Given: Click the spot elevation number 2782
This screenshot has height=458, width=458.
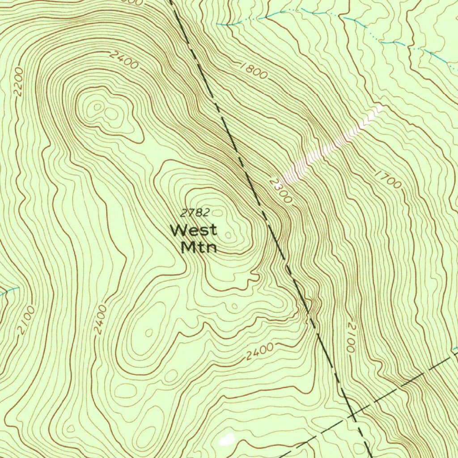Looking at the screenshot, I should coord(195,213).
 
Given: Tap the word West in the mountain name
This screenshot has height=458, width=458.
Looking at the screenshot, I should coord(194,231).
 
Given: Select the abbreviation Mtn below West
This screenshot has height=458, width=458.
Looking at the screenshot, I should coord(199,247).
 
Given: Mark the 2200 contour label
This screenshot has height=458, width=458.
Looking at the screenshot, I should coord(18,82).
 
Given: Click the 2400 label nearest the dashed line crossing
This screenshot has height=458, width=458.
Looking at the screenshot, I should coord(259,352).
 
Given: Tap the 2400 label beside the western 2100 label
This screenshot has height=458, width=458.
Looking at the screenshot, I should coord(101,319).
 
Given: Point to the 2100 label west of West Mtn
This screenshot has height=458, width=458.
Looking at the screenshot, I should coord(26,320).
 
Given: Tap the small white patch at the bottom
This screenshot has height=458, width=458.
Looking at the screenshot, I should coord(227,439).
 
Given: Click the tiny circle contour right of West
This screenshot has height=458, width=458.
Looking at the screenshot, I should coord(229,235).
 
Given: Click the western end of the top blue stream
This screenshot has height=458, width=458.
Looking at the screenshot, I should coord(219,24).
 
